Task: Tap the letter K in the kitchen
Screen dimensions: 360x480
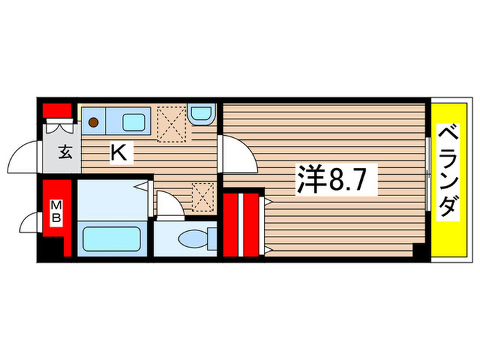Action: [119, 153]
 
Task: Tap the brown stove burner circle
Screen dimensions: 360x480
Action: [93, 123]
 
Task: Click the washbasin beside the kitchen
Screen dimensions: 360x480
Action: [202, 113]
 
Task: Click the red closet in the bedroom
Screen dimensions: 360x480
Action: [241, 226]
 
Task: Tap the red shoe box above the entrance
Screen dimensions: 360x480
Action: [58, 110]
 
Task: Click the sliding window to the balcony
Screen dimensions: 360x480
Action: [427, 175]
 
